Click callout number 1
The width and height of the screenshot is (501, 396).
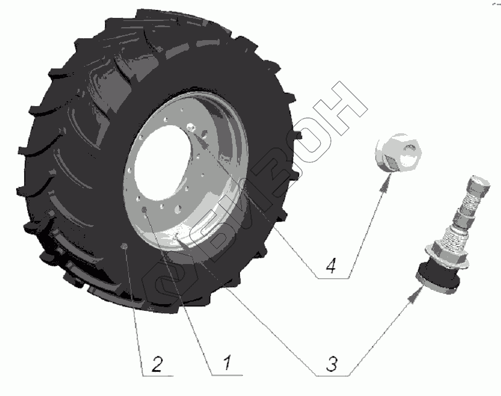point(226,363)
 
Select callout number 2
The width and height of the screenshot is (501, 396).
point(157,364)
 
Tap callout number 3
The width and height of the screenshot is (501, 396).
point(332,364)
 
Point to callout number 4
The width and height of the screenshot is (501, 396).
point(331,266)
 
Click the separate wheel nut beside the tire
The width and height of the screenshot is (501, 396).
point(399,152)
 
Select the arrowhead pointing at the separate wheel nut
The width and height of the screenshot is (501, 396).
point(386,184)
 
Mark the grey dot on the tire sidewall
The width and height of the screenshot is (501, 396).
point(124,246)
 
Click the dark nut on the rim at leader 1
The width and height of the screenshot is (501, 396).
point(144,210)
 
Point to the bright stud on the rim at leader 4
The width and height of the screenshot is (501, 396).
point(192,128)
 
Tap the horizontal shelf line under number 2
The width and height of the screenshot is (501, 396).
point(158,376)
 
